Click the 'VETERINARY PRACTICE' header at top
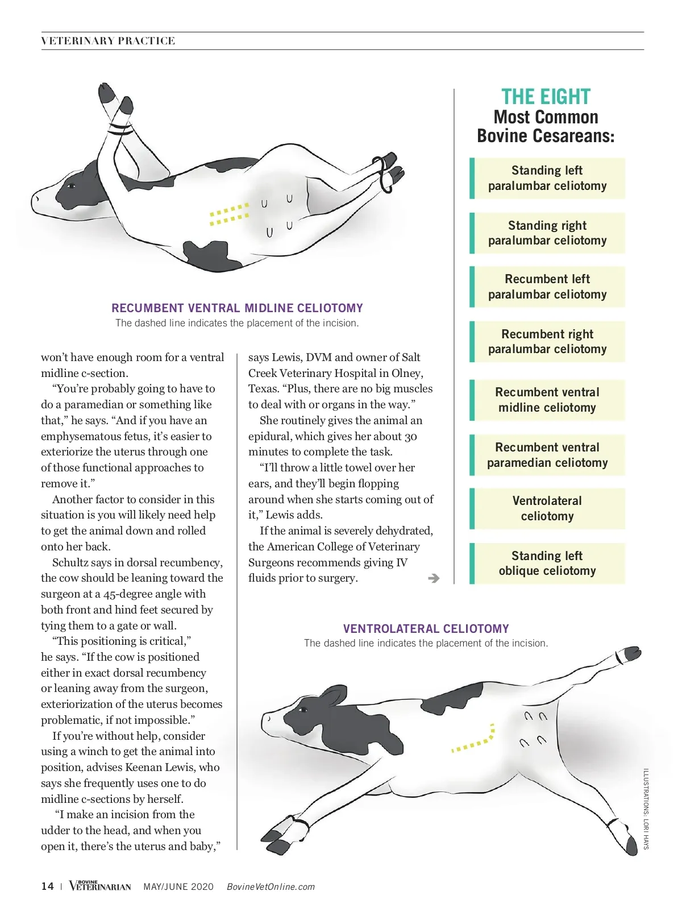[x=108, y=41]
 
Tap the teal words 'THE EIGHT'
[x=546, y=97]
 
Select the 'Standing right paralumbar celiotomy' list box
[x=547, y=233]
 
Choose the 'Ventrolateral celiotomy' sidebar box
[x=547, y=508]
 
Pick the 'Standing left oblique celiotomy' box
[x=547, y=563]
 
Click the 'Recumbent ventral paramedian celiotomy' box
[x=547, y=455]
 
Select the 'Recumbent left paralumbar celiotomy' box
[x=547, y=287]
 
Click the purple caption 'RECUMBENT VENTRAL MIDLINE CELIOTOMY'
[x=237, y=308]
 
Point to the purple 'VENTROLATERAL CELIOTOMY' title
[x=426, y=629]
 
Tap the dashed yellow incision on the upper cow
[x=230, y=214]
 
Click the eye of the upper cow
[x=72, y=186]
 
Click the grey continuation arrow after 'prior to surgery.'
[x=434, y=578]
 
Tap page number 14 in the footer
[x=47, y=886]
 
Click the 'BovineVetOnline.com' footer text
[x=271, y=887]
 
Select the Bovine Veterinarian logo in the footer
[x=100, y=886]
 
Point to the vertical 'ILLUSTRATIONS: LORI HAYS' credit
[x=646, y=809]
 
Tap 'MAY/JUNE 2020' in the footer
[x=178, y=887]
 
